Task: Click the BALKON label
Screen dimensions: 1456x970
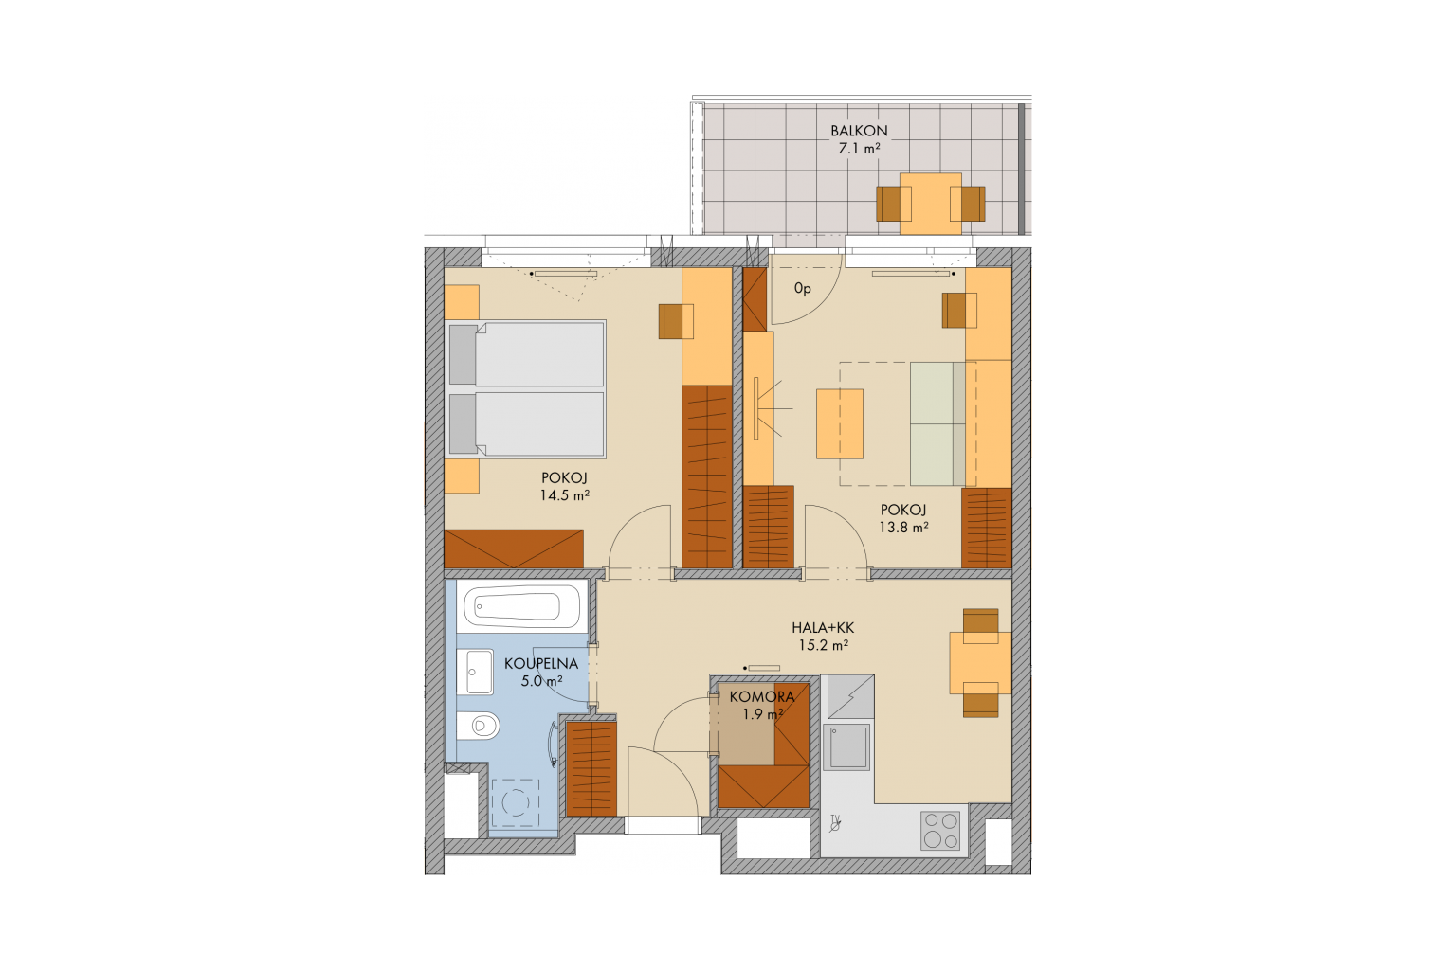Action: (x=859, y=131)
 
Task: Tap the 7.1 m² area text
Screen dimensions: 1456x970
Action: (x=859, y=148)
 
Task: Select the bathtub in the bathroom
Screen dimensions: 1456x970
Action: (x=520, y=607)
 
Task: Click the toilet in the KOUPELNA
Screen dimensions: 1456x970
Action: (x=478, y=726)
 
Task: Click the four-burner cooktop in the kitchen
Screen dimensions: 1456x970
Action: (x=940, y=831)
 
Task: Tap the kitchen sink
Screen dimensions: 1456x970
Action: (x=846, y=746)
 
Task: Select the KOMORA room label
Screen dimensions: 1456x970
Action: (x=762, y=697)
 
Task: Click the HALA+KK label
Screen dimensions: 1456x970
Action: (x=823, y=628)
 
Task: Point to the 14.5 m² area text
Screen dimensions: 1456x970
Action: (x=564, y=495)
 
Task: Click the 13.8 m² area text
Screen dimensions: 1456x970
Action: (x=903, y=528)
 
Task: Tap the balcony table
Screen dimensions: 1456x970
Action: (x=930, y=204)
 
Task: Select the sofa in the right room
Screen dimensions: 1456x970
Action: (x=937, y=424)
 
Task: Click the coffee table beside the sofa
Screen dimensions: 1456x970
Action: (x=840, y=423)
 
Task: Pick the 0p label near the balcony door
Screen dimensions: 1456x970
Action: (x=803, y=289)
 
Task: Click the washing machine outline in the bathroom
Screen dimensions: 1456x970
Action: (x=516, y=802)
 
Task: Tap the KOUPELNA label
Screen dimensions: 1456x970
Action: (x=541, y=664)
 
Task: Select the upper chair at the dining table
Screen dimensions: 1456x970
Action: (x=980, y=625)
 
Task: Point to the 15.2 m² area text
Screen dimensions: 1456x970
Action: (x=824, y=645)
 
